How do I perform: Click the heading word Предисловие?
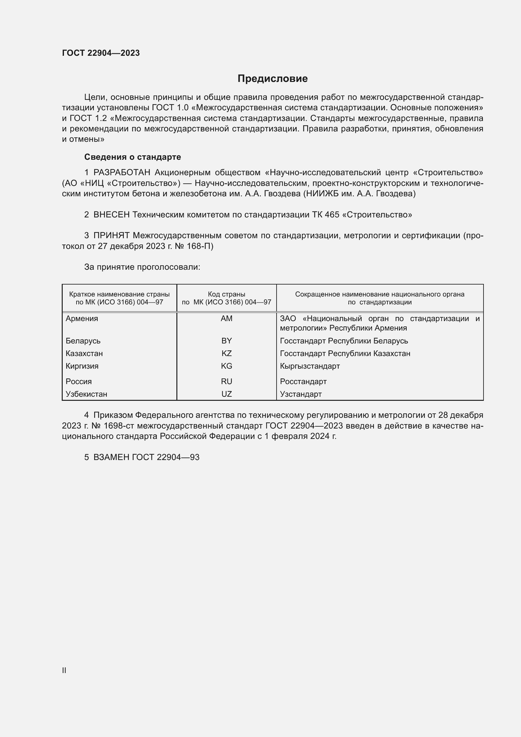tap(272, 79)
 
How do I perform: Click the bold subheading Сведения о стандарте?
tap(133, 157)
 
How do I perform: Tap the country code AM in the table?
tap(226, 319)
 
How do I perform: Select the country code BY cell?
tap(226, 341)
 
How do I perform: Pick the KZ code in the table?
tap(226, 354)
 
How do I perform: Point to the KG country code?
tap(226, 366)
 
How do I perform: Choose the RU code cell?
tap(226, 381)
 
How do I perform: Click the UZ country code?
tap(226, 394)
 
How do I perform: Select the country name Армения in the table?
tap(82, 319)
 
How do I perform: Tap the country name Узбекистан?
tap(86, 394)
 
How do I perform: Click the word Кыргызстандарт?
tap(310, 366)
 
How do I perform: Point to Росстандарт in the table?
tap(303, 381)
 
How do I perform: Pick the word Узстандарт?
tap(301, 394)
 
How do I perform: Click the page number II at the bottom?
tap(64, 670)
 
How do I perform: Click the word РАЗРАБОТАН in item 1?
tap(122, 173)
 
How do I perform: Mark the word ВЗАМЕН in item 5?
tap(111, 457)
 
